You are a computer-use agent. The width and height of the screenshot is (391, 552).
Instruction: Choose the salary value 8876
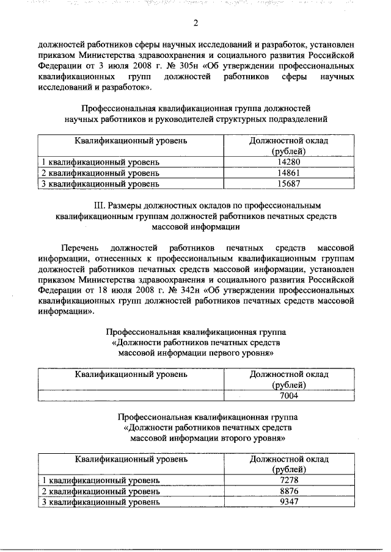[x=289, y=492]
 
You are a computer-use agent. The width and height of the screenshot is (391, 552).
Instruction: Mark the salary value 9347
[x=289, y=502]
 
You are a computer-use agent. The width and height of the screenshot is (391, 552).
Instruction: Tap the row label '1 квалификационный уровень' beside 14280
[x=101, y=162]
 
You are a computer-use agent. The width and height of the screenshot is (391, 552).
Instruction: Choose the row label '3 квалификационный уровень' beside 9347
[x=101, y=502]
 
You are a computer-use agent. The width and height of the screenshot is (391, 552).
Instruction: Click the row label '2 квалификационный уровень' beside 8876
[x=101, y=492]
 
